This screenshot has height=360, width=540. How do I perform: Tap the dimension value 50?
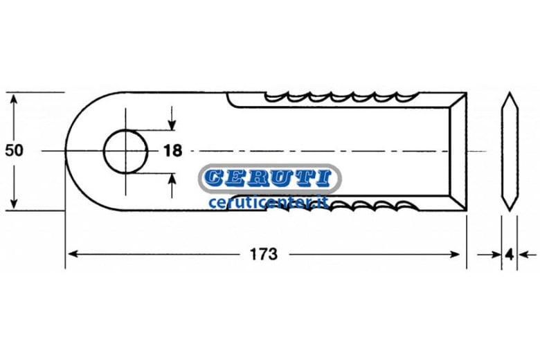(14, 150)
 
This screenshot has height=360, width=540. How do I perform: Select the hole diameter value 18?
(172, 150)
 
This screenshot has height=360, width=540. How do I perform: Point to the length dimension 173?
(264, 255)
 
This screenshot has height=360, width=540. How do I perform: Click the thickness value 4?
(510, 255)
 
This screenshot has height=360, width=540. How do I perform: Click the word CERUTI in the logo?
(269, 178)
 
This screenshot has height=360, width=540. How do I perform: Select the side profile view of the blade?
(510, 151)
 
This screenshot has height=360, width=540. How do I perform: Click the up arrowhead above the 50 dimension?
(14, 100)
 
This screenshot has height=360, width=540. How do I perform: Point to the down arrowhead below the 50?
(14, 204)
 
